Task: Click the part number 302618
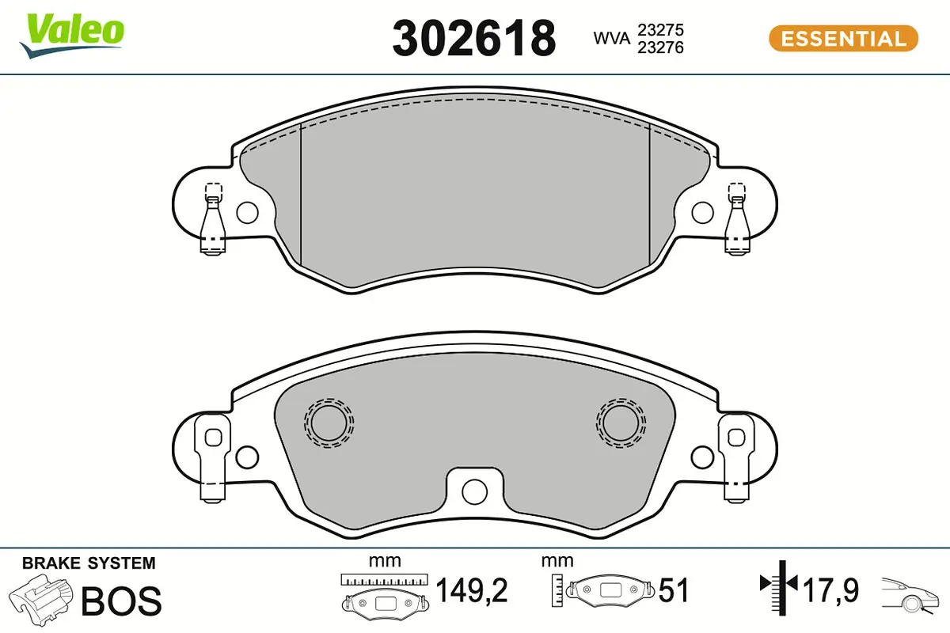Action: pyautogui.click(x=473, y=37)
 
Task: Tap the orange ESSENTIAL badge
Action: pyautogui.click(x=843, y=39)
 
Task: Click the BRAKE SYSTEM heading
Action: pyautogui.click(x=88, y=563)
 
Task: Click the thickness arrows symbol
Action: pyautogui.click(x=780, y=586)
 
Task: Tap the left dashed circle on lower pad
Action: pyautogui.click(x=329, y=421)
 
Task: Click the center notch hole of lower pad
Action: pyautogui.click(x=474, y=491)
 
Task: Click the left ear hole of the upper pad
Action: pyautogui.click(x=248, y=212)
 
